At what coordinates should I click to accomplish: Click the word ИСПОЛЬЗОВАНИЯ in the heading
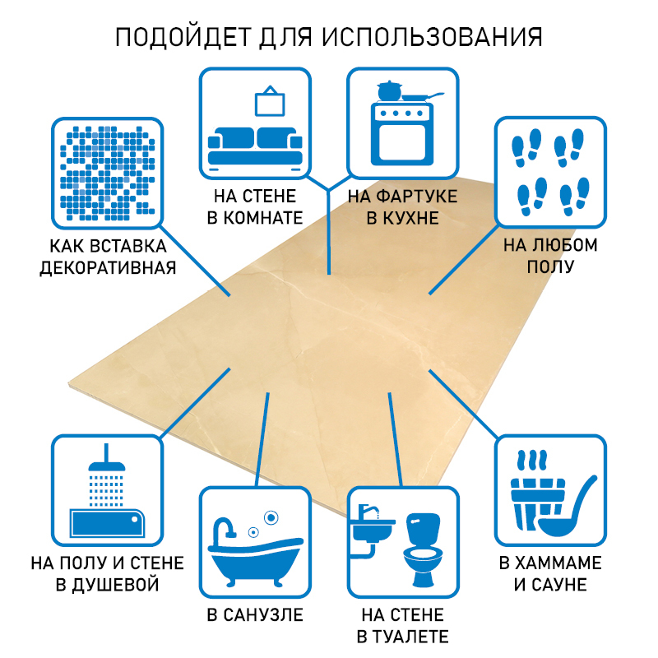[x=431, y=38]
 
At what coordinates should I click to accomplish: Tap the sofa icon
[x=256, y=146]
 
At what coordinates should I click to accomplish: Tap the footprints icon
[x=549, y=171]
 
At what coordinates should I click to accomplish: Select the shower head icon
[x=105, y=473]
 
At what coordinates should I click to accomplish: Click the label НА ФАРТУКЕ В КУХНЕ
[x=403, y=207]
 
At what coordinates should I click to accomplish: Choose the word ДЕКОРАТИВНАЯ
[x=108, y=268]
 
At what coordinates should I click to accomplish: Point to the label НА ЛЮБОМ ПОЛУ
[x=550, y=256]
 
